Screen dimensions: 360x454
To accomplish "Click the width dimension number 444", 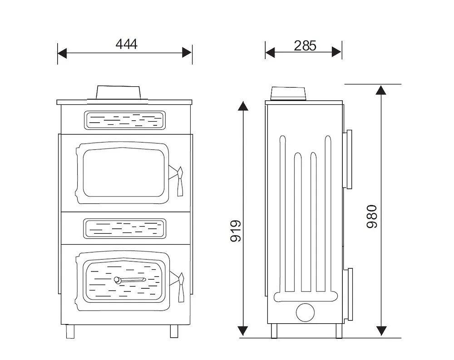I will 126,44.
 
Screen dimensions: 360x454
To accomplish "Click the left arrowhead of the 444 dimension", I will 63,53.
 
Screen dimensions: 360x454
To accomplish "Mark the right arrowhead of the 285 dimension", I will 336,52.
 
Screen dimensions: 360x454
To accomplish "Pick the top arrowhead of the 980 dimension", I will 381,89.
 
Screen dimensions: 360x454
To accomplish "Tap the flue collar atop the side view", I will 289,94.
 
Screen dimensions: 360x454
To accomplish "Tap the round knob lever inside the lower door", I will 118,281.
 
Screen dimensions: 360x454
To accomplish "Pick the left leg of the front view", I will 70,331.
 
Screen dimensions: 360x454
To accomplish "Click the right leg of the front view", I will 174,331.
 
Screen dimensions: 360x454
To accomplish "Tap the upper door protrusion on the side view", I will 348,159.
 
